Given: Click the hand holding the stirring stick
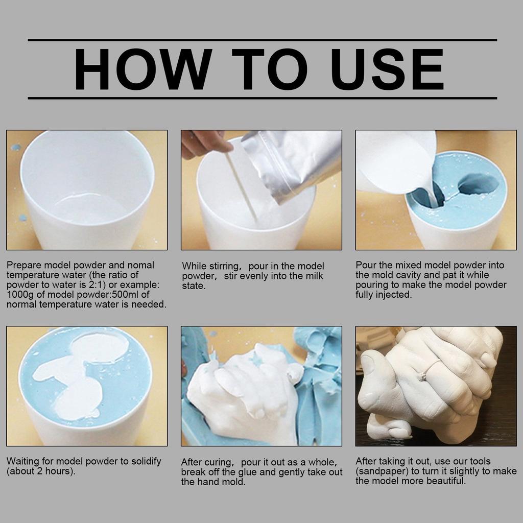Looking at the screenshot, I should coord(204,142).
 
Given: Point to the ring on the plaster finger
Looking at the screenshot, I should coord(423,376).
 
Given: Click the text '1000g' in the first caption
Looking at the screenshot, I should coord(19,294).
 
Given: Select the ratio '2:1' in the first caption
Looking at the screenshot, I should coord(88,284).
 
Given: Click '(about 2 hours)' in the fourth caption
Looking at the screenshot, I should coord(41,471).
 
